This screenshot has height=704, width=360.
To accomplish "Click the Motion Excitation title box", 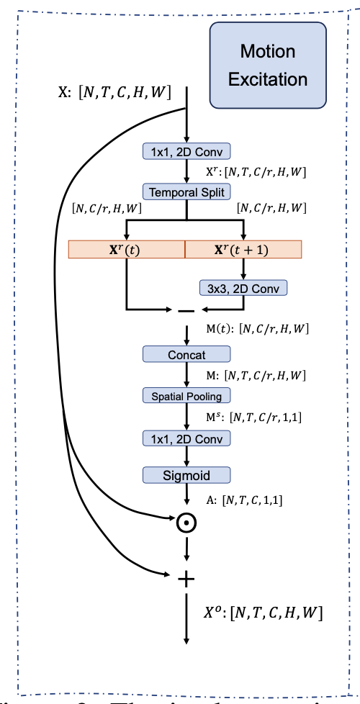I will (267, 65).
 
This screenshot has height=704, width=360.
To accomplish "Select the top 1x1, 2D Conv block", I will (186, 151).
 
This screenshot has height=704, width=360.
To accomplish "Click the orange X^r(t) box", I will (127, 249).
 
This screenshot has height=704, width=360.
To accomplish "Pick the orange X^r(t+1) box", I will (243, 249).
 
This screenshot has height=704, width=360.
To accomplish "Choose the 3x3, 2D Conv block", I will (243, 287).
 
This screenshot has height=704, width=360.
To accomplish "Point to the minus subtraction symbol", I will (186, 311).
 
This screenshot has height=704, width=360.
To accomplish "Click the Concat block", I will (186, 354).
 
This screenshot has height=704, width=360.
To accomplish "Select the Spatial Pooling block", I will (186, 395).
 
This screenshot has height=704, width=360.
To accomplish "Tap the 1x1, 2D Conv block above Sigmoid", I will (186, 438).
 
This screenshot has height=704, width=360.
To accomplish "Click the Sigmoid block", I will (186, 475).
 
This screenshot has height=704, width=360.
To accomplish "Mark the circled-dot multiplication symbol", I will (186, 520).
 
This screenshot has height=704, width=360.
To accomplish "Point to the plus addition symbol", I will (186, 576).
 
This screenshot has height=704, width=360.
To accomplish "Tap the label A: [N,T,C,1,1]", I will (243, 498).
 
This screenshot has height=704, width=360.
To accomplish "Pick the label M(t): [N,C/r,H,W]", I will (258, 329).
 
